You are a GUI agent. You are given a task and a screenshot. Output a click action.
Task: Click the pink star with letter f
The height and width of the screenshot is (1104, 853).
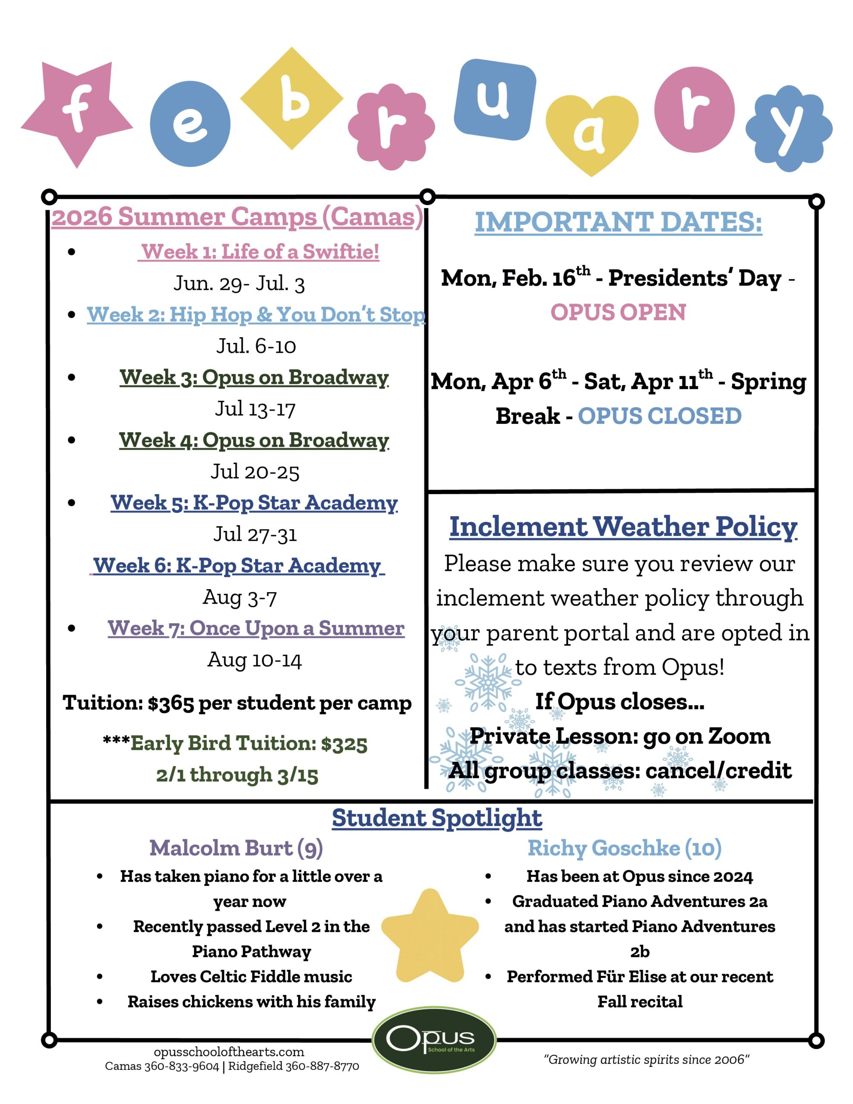point(77,112)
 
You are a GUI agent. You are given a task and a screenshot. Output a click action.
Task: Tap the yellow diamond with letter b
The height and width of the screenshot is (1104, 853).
point(292,99)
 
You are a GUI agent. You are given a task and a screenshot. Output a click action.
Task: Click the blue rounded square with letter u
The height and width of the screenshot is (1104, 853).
point(495,99)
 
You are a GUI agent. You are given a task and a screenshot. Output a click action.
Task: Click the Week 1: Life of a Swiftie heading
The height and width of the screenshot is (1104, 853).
point(259,251)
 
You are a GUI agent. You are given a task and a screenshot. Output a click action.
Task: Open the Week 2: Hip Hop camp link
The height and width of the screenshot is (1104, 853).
point(256,314)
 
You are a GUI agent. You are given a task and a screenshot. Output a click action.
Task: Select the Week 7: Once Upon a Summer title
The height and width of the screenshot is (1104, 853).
point(256,628)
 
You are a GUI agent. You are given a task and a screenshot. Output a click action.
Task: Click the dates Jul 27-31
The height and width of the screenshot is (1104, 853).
point(255,534)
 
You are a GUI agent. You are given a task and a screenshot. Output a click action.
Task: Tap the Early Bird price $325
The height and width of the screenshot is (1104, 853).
point(344,743)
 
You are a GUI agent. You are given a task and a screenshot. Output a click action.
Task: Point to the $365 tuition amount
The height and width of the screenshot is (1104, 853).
point(171,703)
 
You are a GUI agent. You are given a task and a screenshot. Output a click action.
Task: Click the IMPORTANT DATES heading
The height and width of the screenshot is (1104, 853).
point(618,222)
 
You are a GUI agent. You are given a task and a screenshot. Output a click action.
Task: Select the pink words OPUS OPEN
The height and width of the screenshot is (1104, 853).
point(618,312)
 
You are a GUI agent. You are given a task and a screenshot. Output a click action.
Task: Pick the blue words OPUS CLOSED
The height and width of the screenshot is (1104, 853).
point(659,416)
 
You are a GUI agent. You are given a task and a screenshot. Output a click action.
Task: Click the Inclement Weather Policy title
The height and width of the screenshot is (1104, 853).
point(623,526)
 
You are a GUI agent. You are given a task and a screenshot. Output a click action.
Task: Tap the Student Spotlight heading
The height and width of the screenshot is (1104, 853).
point(437,817)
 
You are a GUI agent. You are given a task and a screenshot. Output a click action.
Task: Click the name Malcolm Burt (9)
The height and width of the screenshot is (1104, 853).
point(236,848)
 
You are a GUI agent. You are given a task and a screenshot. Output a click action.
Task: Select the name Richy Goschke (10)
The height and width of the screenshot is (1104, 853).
point(624,848)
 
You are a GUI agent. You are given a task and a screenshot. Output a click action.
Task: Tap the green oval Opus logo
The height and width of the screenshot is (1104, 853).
point(434,1039)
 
